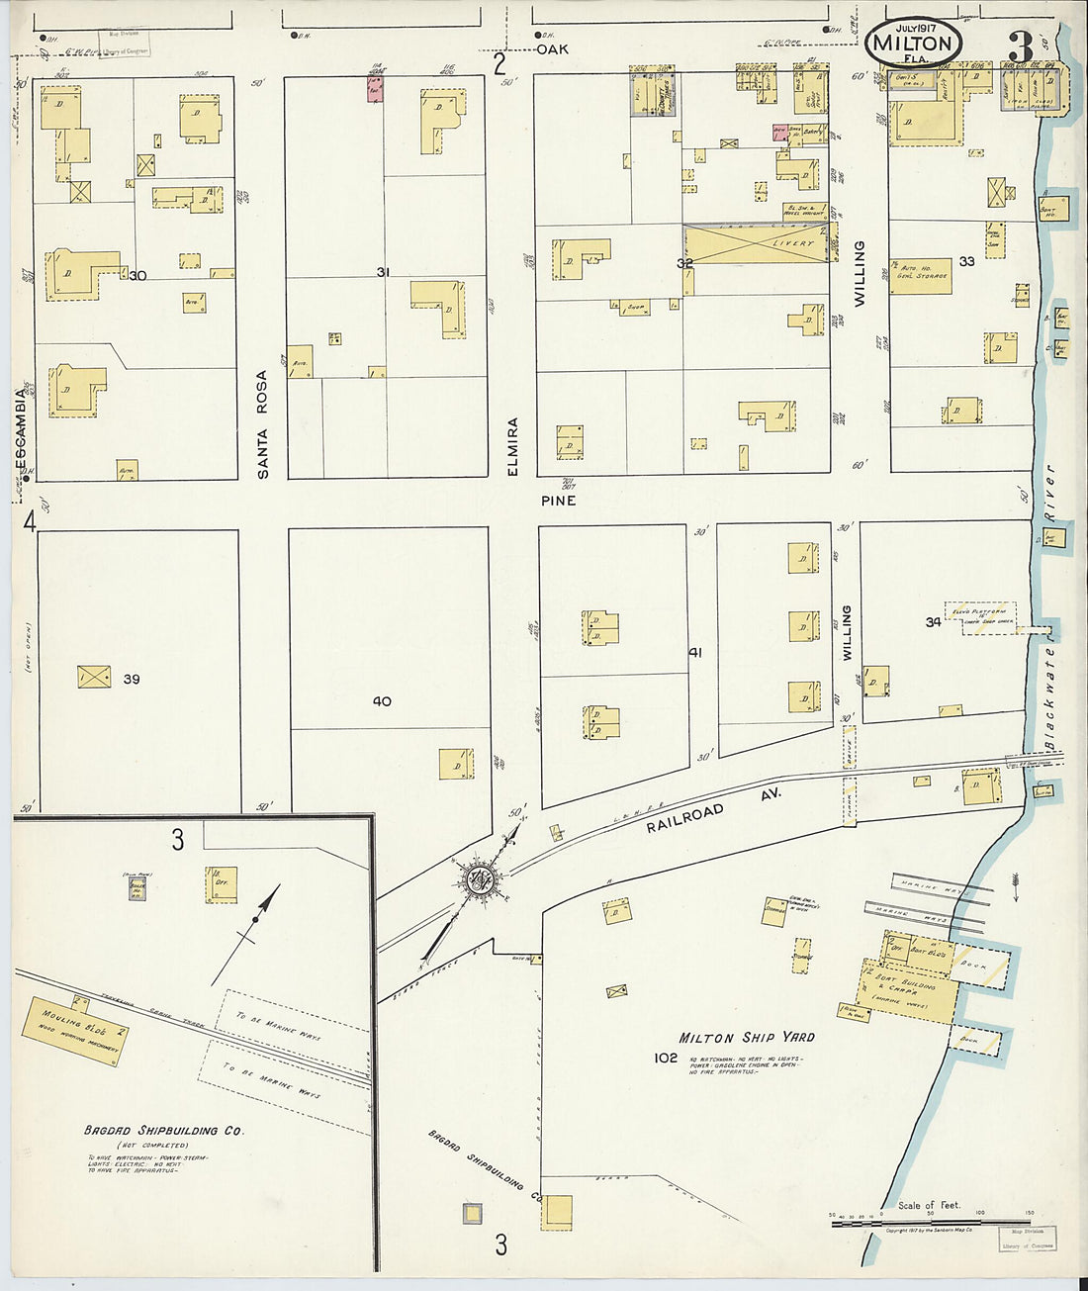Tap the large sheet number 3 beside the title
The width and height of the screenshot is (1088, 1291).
[x=1020, y=46]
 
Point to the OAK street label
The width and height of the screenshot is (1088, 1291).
[x=553, y=48]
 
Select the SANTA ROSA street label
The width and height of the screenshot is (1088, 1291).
[x=263, y=424]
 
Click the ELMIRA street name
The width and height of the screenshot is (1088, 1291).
[x=512, y=447]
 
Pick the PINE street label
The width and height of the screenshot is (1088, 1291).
[x=558, y=501]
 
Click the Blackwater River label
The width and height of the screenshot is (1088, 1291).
[x=1049, y=608]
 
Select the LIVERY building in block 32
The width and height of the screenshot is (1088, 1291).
[x=756, y=243]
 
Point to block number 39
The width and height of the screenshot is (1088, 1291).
[x=132, y=679]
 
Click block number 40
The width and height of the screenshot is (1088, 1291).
[x=382, y=701]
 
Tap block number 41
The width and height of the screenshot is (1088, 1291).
[x=695, y=652]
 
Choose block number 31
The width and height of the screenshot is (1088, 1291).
[x=384, y=271]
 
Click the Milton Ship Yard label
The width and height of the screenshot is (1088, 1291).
[x=746, y=1037]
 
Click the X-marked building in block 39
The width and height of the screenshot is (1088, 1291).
[x=94, y=677]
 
